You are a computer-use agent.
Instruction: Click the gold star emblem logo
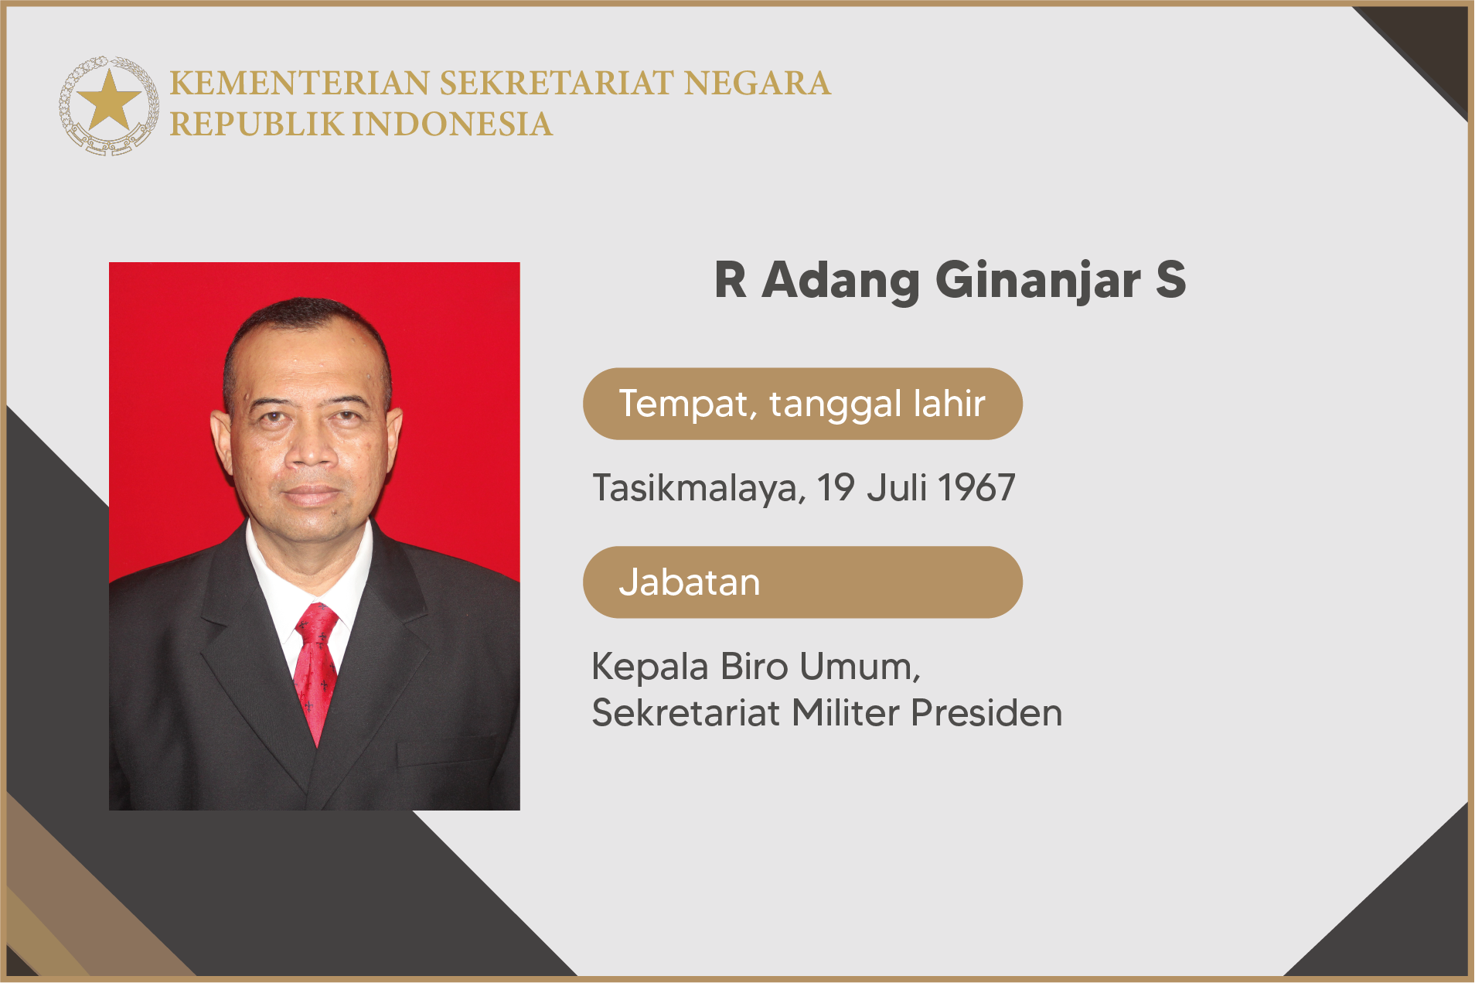pyautogui.click(x=109, y=105)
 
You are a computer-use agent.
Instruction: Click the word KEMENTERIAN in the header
pyautogui.click(x=300, y=84)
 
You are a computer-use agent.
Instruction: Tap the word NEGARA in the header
pyautogui.click(x=758, y=84)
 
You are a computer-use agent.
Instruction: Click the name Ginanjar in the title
pyautogui.click(x=1038, y=282)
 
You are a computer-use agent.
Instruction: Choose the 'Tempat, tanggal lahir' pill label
pyautogui.click(x=802, y=404)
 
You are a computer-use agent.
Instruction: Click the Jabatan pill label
pyautogui.click(x=802, y=582)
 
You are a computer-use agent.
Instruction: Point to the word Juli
pyautogui.click(x=897, y=488)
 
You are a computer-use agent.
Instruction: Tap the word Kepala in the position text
pyautogui.click(x=649, y=667)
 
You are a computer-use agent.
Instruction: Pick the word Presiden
pyautogui.click(x=986, y=713)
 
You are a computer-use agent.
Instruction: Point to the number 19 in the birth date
pyautogui.click(x=836, y=488)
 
